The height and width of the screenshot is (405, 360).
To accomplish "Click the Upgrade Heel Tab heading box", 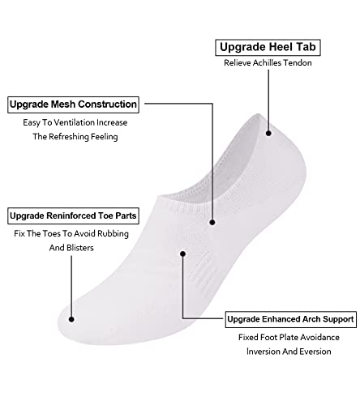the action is pyautogui.click(x=268, y=48).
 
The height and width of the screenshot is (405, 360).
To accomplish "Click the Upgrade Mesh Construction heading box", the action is pyautogui.click(x=73, y=104).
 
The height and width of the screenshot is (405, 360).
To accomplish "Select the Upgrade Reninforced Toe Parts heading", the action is pyautogui.click(x=73, y=215).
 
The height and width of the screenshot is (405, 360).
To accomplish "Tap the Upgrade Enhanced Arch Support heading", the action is pyautogui.click(x=291, y=319).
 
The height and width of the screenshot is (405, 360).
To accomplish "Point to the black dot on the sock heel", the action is pyautogui.click(x=268, y=133).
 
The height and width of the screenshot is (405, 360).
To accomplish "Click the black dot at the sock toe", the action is pyautogui.click(x=71, y=319).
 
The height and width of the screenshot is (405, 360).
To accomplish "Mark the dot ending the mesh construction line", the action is pyautogui.click(x=212, y=223).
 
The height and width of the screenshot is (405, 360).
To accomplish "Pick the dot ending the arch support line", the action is pyautogui.click(x=182, y=254).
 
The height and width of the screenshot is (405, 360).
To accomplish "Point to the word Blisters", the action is pyautogui.click(x=80, y=248).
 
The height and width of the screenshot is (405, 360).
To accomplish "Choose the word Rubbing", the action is pyautogui.click(x=113, y=234).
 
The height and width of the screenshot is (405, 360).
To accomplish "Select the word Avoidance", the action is pyautogui.click(x=320, y=337).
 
